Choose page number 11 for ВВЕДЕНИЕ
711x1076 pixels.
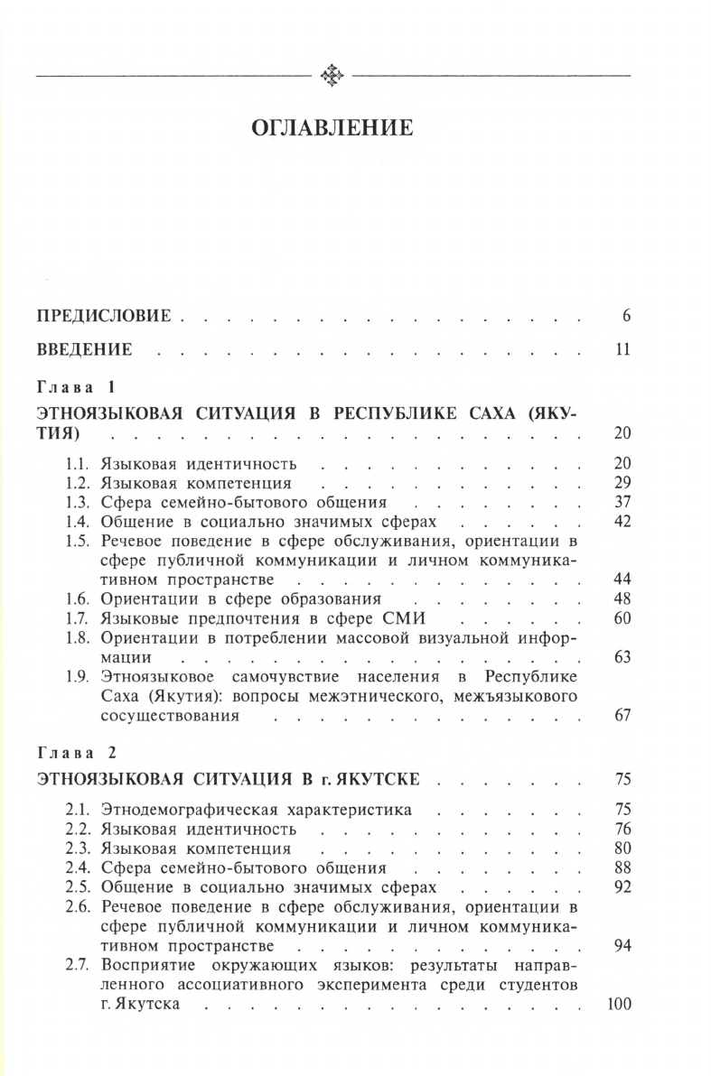(622, 349)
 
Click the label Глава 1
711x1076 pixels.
(76, 389)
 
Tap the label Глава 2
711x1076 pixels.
(76, 750)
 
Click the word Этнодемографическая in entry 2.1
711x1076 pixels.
(195, 810)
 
